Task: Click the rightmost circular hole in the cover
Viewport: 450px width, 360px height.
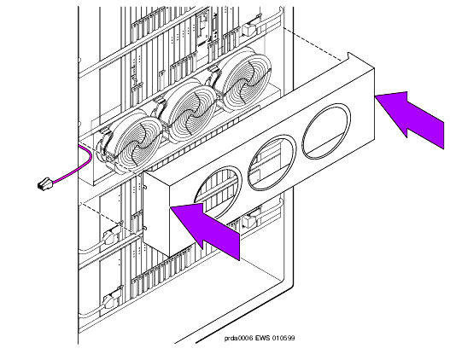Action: pyautogui.click(x=326, y=131)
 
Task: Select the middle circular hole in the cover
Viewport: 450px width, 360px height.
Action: pyautogui.click(x=272, y=163)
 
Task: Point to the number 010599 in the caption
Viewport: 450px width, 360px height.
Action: pyautogui.click(x=283, y=338)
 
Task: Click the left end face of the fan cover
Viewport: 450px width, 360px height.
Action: pyautogui.click(x=156, y=213)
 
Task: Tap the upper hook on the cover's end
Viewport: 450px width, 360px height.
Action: pyautogui.click(x=145, y=187)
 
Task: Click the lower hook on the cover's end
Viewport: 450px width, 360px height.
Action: pyautogui.click(x=145, y=229)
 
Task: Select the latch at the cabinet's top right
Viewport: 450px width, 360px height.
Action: pyautogui.click(x=249, y=28)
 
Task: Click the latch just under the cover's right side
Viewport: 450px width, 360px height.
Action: pyautogui.click(x=250, y=220)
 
